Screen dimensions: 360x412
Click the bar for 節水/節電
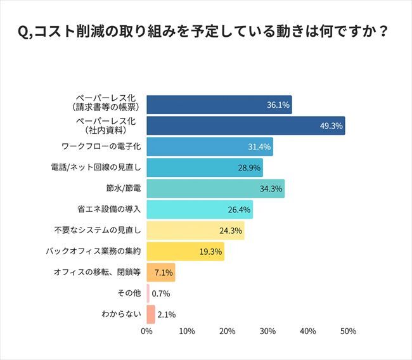tap(216, 189)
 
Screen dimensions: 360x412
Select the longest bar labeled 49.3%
tap(246, 126)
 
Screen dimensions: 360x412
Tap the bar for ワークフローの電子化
tap(210, 147)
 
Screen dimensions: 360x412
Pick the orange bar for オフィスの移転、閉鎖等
tap(161, 273)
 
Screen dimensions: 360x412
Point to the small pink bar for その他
tap(148, 293)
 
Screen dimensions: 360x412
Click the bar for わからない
tap(151, 314)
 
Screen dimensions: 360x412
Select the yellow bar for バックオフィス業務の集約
tap(185, 252)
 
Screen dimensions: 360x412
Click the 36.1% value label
tap(277, 105)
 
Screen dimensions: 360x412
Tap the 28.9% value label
tap(248, 168)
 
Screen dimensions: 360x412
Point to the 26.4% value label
tap(239, 210)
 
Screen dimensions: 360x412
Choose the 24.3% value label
tap(230, 231)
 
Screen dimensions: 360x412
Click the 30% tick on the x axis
tap(267, 331)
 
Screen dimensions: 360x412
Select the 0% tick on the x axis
tap(147, 331)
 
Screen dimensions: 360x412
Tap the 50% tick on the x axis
tap(348, 331)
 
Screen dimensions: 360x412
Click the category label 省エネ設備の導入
tap(108, 210)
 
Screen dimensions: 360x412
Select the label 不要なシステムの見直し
tap(95, 231)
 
